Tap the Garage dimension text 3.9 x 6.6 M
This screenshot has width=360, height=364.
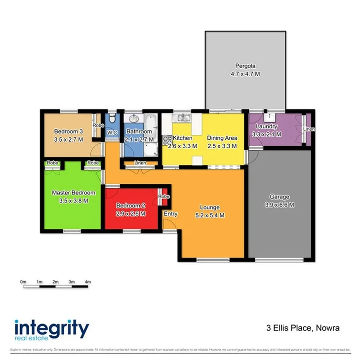[279, 204]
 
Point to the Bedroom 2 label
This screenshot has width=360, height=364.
[130, 206]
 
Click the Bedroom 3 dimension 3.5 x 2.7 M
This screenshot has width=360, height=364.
[68, 140]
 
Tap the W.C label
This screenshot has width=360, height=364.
[112, 133]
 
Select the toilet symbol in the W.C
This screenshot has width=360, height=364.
[113, 119]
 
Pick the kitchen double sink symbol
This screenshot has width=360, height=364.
[182, 118]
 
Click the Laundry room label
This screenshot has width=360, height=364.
[267, 126]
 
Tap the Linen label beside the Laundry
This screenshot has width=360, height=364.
[309, 129]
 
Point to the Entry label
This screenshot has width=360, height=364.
[170, 214]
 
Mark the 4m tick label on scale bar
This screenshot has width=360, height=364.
[87, 281]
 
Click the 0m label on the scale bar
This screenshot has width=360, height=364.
[23, 281]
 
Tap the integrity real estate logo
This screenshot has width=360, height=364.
[51, 329]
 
